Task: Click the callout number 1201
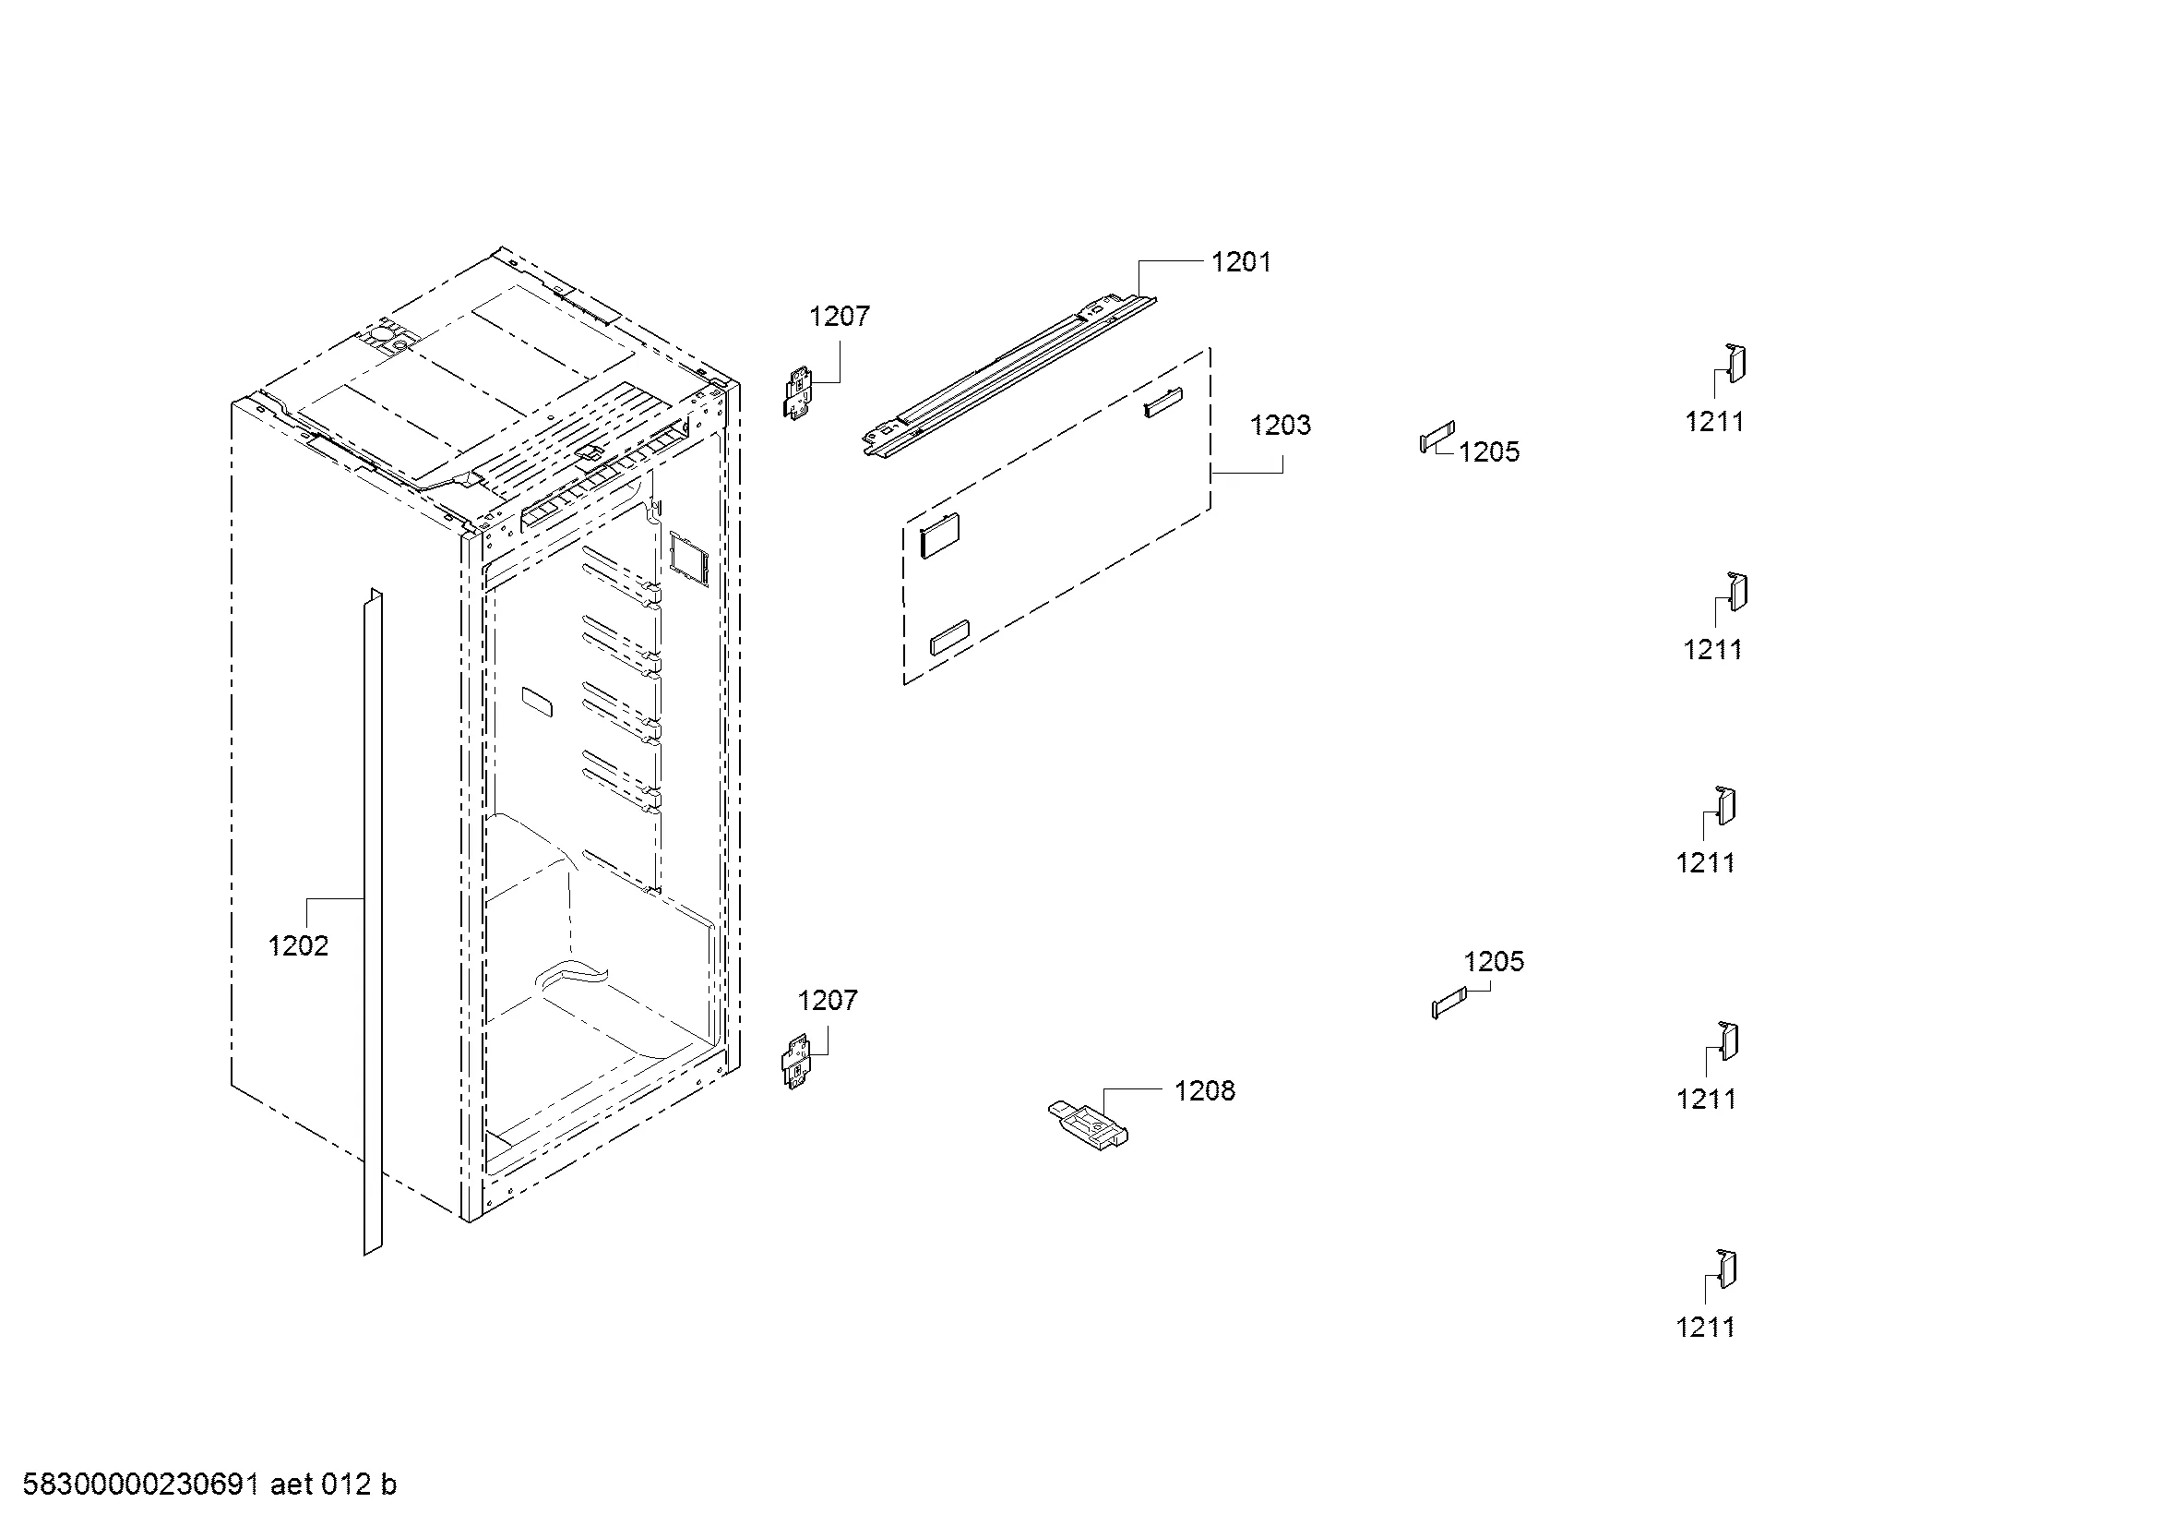pos(1241,261)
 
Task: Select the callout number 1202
pos(298,946)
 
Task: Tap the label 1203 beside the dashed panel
pos(1281,425)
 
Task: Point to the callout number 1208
pos(1205,1090)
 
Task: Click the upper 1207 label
pos(840,316)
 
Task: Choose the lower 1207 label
pos(828,1000)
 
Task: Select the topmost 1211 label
pos(1714,422)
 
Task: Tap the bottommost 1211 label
pos(1705,1328)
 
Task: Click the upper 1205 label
pos(1490,452)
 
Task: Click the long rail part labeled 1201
pos(1009,374)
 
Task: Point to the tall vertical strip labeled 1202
pos(373,921)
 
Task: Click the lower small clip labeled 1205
pos(1449,1005)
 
